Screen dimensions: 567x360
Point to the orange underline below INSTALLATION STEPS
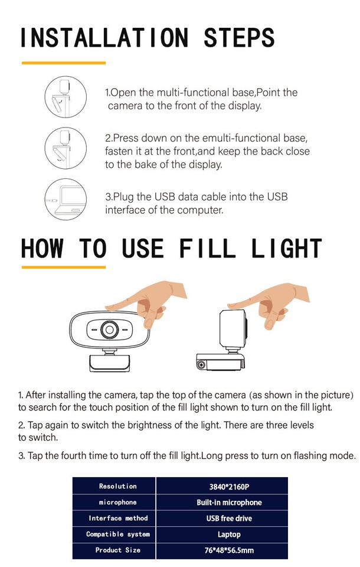pos(64,63)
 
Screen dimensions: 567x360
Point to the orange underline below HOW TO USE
pos(64,267)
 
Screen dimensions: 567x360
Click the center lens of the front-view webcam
pos(109,329)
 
